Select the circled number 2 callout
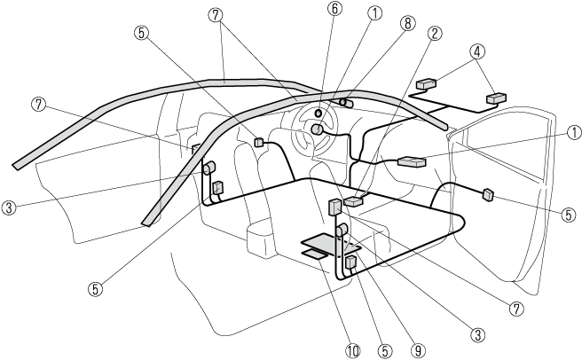pyautogui.click(x=434, y=35)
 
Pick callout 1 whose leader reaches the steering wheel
pyautogui.click(x=376, y=13)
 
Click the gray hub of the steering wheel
pyautogui.click(x=316, y=129)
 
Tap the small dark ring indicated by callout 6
pyautogui.click(x=319, y=113)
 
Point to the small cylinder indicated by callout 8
pyautogui.click(x=344, y=104)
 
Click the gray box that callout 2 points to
pyautogui.click(x=353, y=202)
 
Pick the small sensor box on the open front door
pyautogui.click(x=487, y=194)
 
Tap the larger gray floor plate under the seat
pyautogui.click(x=319, y=239)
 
